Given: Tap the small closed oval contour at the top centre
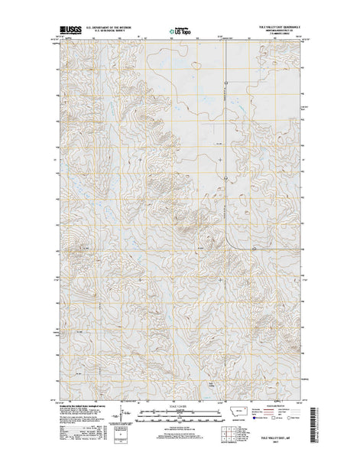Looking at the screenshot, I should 196,64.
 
